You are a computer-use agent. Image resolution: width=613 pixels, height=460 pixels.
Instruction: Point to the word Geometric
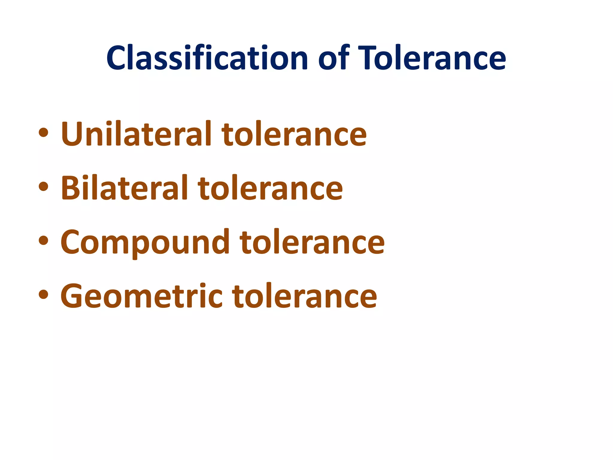pos(141,296)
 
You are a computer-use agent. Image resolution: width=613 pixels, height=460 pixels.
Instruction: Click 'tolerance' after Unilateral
pos(294,134)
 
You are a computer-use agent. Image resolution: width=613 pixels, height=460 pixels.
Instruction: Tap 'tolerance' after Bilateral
pos(270,188)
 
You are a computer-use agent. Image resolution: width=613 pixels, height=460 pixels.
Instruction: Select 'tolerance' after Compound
pos(312,242)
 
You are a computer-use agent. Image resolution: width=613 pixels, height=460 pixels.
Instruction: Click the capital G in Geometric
pos(74,296)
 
